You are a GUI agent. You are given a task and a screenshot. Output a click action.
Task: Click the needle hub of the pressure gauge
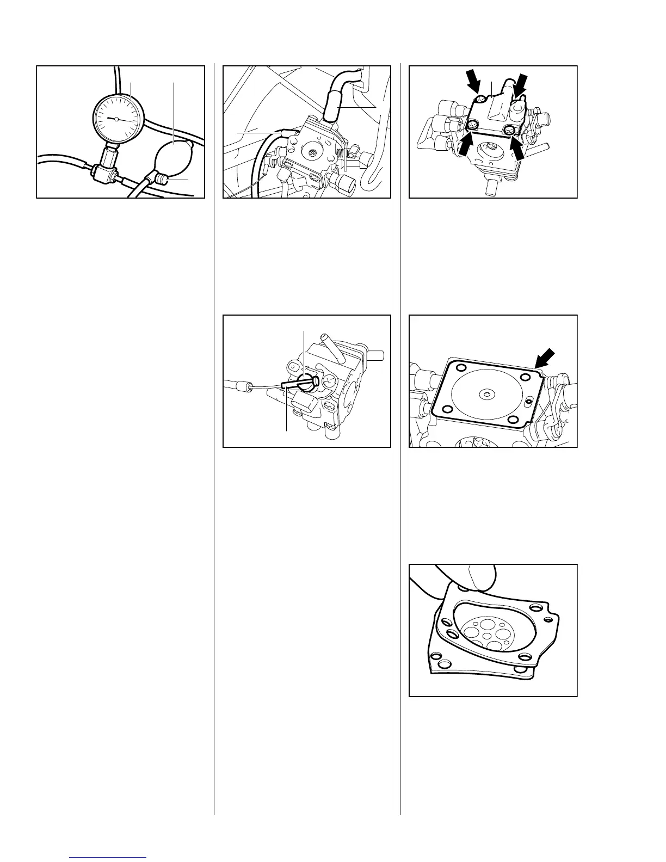tap(116, 118)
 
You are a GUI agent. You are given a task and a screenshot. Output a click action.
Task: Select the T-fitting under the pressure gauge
tap(105, 174)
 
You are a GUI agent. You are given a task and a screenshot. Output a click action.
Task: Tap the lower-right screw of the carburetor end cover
tap(509, 130)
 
